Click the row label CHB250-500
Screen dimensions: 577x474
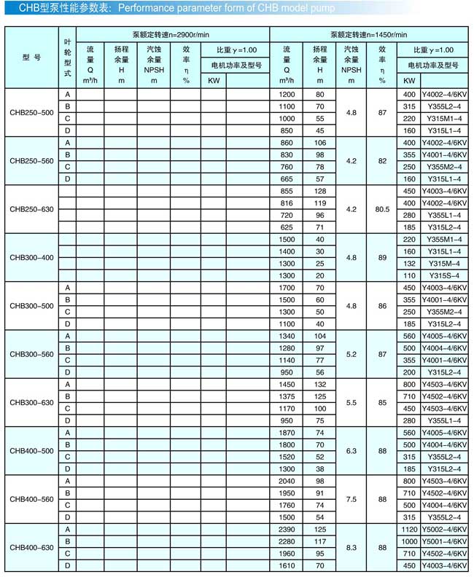click(31, 112)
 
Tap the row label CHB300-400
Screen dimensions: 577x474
click(31, 257)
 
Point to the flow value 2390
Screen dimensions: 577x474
click(287, 528)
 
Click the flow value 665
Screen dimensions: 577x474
click(287, 178)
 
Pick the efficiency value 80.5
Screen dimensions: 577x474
click(382, 209)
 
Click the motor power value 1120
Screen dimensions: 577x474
click(408, 528)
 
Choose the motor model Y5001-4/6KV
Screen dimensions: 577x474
click(444, 541)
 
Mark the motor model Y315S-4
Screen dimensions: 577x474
click(444, 275)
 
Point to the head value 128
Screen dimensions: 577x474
click(319, 191)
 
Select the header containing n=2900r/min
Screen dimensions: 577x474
click(172, 34)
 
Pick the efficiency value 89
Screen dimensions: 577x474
click(382, 257)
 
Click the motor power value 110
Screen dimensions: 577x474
click(408, 275)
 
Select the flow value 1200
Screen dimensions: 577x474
click(287, 94)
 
